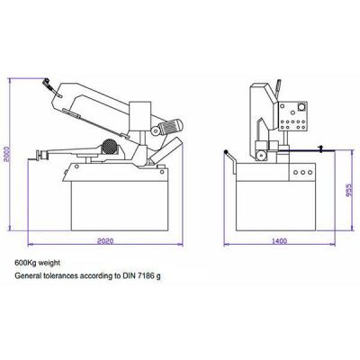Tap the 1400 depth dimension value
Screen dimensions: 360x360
281,241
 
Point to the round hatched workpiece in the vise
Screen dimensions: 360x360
107,148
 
